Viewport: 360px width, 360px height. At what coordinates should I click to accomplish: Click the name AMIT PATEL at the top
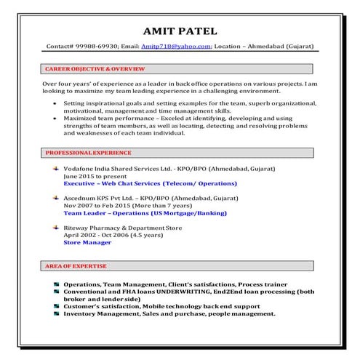[180, 31]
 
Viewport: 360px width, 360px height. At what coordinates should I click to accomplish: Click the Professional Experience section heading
[88, 153]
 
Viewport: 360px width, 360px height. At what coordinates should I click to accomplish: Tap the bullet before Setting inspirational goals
[57, 105]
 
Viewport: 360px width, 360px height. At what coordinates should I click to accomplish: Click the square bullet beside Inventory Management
[56, 314]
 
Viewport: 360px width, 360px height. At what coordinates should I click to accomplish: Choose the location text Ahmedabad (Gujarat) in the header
[279, 47]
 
